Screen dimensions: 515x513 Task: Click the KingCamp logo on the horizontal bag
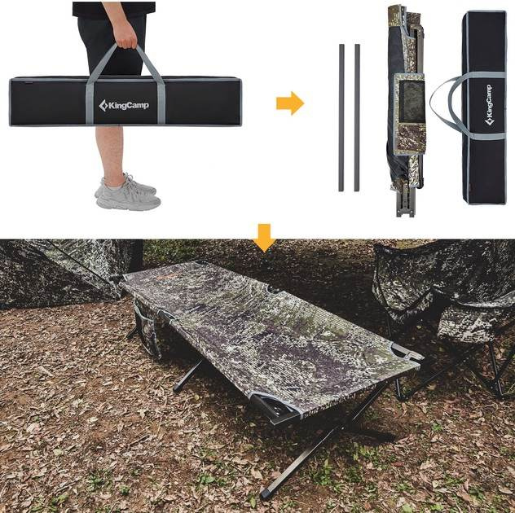coord(124,105)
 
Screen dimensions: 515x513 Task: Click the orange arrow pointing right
coord(290,103)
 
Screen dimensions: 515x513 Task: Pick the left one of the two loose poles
coord(341,117)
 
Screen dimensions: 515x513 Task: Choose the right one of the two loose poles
coord(357,117)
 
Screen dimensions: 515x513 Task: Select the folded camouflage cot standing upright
coord(407,111)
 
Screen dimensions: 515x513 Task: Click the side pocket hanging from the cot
coord(147,329)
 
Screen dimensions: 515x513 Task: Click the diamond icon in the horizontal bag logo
coord(103,105)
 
